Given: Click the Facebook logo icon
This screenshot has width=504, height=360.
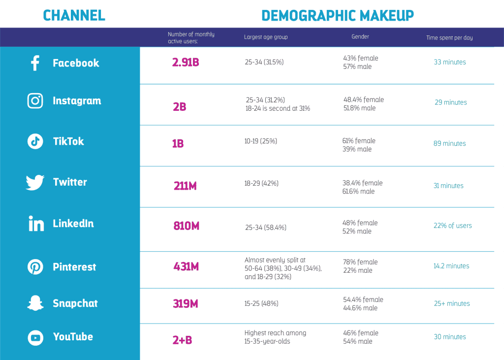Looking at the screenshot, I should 35,63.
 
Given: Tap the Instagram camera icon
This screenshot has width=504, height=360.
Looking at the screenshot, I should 35,101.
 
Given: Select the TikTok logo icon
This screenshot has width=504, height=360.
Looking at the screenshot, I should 35,141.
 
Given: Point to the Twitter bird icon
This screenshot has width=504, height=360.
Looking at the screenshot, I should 35,183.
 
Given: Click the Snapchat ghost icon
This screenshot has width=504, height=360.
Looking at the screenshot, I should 35,303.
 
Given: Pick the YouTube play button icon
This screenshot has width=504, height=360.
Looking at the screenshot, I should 35,337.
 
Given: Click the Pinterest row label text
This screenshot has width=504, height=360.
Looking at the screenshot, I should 74,267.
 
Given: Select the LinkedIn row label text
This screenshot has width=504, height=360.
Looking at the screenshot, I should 73,224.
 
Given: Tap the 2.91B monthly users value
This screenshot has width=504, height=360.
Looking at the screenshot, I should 186,63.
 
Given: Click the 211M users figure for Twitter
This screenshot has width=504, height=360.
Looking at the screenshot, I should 186,186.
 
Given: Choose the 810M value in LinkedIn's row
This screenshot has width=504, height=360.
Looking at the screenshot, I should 186,226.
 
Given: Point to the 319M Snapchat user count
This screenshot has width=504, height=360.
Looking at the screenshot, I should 186,304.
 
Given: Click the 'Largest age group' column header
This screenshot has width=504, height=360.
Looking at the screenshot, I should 266,37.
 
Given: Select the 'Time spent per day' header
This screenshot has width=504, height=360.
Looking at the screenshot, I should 449,37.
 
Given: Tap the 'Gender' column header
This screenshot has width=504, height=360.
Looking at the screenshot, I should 360,36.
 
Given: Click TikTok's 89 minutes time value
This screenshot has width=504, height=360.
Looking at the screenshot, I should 449,143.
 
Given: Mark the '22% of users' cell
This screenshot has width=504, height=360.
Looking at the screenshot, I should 452,226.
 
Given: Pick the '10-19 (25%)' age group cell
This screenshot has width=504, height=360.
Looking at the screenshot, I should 261,141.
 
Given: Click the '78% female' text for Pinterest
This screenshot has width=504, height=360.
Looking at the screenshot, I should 360,262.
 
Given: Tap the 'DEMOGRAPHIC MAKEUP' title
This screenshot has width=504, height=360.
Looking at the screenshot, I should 338,15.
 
